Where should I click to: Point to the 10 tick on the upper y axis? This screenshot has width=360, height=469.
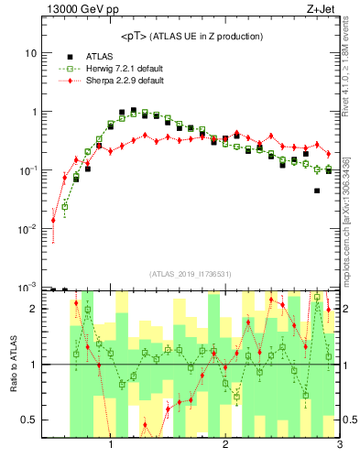click(x=29, y=53)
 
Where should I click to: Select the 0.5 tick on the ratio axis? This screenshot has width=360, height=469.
click(x=27, y=420)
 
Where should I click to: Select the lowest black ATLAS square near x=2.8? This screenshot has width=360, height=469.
click(x=317, y=191)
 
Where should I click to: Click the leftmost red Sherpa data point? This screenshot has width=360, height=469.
click(x=53, y=220)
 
